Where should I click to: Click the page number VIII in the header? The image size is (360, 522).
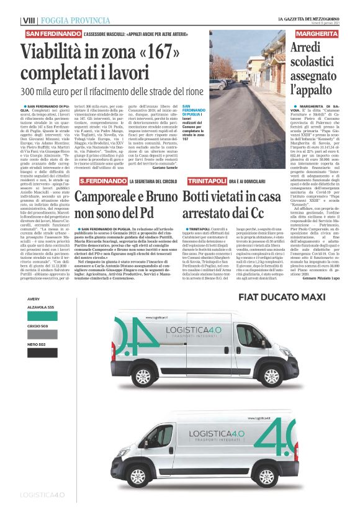click(x=28, y=20)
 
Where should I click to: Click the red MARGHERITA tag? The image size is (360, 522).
click(x=317, y=33)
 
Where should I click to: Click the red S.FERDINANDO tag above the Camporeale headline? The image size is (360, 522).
click(x=102, y=180)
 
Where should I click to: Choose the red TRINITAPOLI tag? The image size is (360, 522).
click(x=207, y=180)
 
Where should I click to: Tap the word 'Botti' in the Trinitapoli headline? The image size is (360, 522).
click(x=199, y=198)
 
